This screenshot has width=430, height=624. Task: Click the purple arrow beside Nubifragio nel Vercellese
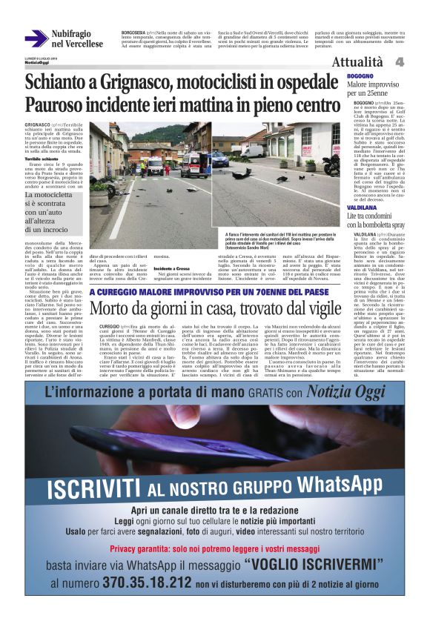point(36,38)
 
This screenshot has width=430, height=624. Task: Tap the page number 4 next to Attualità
point(399,62)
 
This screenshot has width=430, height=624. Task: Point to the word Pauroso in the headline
point(59,104)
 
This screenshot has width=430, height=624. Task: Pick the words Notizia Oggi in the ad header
point(356,391)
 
